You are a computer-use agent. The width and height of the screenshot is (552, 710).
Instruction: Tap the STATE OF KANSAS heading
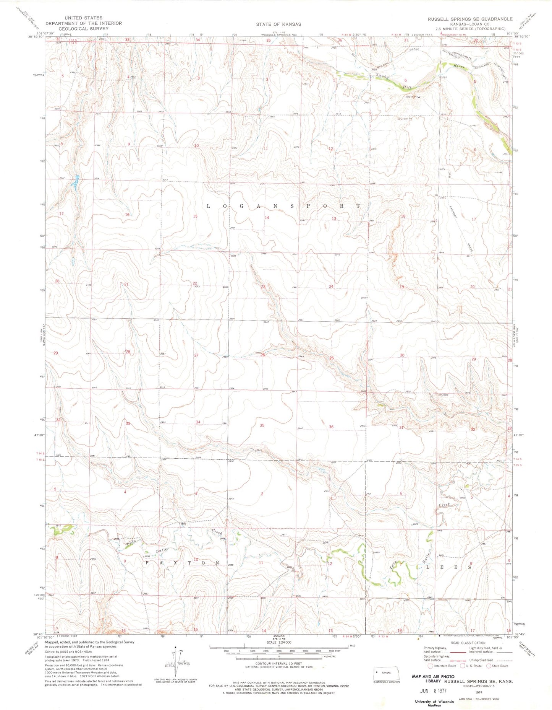point(278,24)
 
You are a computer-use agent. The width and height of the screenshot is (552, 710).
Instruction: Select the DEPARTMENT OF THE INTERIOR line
point(84,23)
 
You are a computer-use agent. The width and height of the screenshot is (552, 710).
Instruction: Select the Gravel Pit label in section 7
point(405,119)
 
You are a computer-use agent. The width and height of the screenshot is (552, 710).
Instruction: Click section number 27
point(196,355)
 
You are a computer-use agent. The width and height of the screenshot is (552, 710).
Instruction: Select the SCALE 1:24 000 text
point(278,642)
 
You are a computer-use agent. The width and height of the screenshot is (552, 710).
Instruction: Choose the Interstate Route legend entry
point(442,666)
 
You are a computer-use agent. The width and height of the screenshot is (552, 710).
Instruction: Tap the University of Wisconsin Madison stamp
point(434,703)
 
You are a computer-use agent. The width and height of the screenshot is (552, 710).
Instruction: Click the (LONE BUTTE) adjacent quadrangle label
point(44,335)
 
